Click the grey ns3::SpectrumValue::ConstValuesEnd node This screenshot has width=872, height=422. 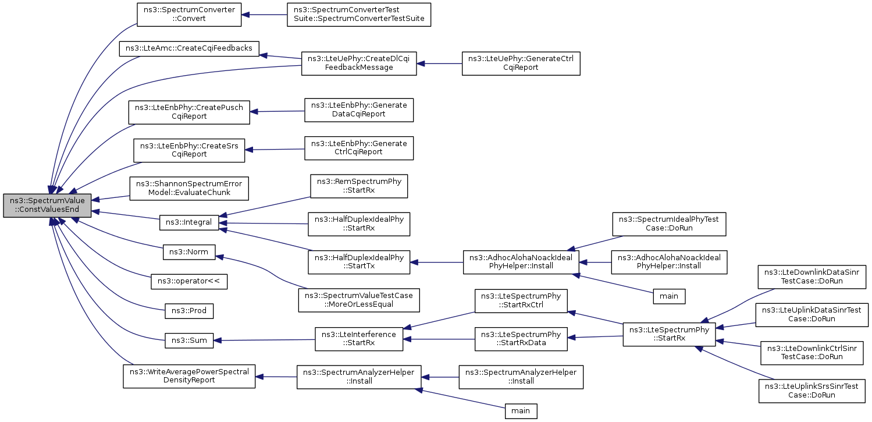click(47, 205)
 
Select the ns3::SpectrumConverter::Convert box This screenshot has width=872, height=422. click(189, 15)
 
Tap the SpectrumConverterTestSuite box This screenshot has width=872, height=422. click(359, 15)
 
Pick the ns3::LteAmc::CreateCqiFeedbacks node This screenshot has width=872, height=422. click(189, 48)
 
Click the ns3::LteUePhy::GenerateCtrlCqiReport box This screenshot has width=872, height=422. click(521, 63)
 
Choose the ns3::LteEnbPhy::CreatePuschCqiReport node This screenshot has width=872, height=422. click(189, 112)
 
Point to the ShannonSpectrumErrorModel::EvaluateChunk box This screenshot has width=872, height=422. click(189, 189)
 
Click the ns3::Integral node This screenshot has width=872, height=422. click(189, 222)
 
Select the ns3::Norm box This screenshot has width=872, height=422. click(189, 252)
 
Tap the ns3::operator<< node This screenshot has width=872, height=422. click(189, 281)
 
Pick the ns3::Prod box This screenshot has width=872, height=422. click(189, 311)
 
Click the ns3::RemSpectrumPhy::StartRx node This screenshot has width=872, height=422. click(359, 186)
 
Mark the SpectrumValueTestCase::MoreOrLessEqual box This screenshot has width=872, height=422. click(359, 300)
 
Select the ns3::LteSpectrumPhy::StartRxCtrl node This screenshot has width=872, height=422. click(521, 301)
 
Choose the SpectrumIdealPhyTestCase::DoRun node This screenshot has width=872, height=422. click(669, 224)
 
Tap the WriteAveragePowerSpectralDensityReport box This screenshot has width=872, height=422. click(189, 377)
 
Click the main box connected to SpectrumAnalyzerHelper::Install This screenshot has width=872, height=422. click(521, 411)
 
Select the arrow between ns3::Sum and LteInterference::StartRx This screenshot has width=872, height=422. click(264, 340)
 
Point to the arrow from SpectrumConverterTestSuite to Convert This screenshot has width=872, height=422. click(264, 15)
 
